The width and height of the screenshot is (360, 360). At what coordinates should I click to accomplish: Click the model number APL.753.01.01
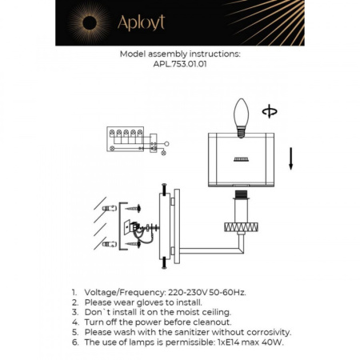tap(179, 66)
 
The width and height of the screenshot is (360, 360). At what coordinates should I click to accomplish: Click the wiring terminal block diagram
tap(127, 142)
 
